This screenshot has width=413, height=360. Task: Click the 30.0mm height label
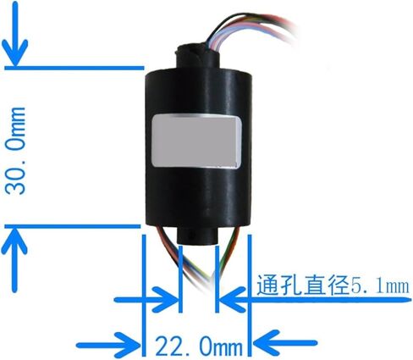pyautogui.click(x=16, y=151)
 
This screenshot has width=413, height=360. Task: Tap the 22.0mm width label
pyautogui.click(x=199, y=346)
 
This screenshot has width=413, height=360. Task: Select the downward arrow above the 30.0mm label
pyautogui.click(x=15, y=34)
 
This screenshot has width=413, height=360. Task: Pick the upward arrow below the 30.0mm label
pyautogui.click(x=14, y=260)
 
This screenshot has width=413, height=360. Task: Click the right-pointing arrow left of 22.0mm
pyautogui.click(x=108, y=346)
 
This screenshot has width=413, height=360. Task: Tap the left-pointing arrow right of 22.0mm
pyautogui.click(x=285, y=344)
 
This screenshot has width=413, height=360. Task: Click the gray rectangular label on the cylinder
pyautogui.click(x=197, y=141)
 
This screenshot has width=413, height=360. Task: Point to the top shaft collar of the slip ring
pyautogui.click(x=197, y=57)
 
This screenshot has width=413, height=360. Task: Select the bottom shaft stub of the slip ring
pyautogui.click(x=195, y=235)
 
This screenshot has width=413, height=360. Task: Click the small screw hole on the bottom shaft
pyautogui.click(x=192, y=234)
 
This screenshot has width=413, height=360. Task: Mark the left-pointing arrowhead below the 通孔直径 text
pyautogui.click(x=233, y=299)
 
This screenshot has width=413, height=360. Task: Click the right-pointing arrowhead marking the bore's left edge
pyautogui.click(x=166, y=299)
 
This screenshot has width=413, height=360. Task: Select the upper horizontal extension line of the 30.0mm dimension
pyautogui.click(x=74, y=68)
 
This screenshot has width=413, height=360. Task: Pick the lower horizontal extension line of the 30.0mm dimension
pyautogui.click(x=73, y=226)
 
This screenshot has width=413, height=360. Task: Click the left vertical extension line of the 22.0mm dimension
pyautogui.click(x=144, y=295)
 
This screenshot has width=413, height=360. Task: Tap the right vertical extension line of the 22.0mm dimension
pyautogui.click(x=250, y=295)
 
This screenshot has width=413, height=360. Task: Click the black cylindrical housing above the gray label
pyautogui.click(x=197, y=91)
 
